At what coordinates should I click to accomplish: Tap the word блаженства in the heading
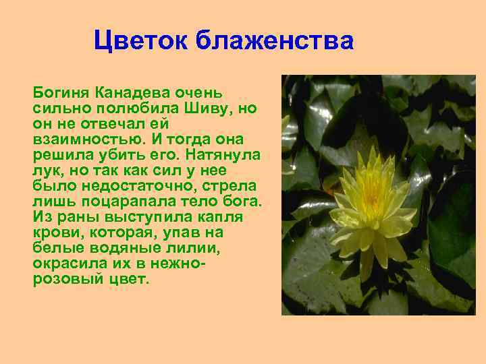tap(275, 41)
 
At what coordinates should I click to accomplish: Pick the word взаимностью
tap(77, 139)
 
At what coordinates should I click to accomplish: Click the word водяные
tap(118, 247)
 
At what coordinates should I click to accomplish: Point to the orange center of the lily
tap(371, 195)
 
